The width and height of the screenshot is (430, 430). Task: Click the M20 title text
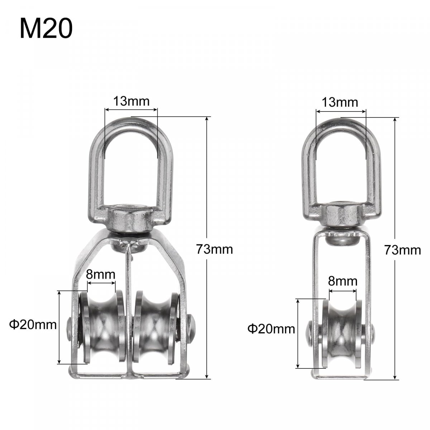click(x=47, y=29)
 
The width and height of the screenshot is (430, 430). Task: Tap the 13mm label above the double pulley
click(x=131, y=101)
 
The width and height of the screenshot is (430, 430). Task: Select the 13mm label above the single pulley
click(x=340, y=102)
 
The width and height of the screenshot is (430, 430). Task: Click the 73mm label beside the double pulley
click(x=214, y=249)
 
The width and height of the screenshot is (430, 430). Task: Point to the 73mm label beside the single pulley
click(x=402, y=250)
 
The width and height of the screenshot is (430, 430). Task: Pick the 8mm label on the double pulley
click(x=101, y=274)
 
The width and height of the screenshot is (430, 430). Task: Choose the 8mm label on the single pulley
click(x=343, y=281)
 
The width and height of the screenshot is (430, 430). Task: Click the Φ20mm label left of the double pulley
click(x=33, y=325)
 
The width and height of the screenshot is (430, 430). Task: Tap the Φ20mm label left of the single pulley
click(x=271, y=329)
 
